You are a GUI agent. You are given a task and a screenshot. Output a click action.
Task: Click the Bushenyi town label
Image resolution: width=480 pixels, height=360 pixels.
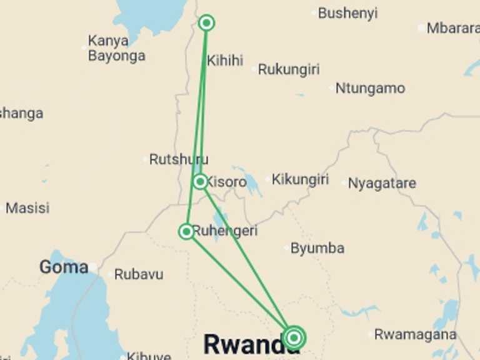coord(347,13)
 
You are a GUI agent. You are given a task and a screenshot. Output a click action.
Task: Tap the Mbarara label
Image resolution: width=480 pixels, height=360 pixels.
coord(452,28)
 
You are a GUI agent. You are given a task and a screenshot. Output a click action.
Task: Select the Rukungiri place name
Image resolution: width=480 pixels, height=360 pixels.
coord(288,69)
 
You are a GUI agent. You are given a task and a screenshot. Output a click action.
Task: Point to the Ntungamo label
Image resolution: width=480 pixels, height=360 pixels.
coord(370,88)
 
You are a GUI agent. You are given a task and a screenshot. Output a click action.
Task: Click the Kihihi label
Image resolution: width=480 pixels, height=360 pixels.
coord(225,61)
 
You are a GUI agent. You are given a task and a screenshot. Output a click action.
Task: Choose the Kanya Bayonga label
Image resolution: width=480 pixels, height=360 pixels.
coord(116,48)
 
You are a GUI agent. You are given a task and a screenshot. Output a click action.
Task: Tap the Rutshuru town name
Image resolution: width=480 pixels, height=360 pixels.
coord(179,159)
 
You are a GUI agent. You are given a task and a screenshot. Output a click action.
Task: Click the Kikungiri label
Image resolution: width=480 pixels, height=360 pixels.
coord(300,180)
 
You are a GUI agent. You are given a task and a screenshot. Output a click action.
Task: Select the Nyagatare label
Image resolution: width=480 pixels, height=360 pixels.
coord(382,184)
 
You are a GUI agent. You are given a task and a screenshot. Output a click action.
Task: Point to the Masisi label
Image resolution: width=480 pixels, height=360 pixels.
coord(27,208)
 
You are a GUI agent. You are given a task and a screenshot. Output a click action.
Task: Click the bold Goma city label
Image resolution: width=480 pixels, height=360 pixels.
coord(64,267)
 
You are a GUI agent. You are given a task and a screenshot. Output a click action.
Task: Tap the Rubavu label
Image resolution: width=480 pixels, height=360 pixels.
coord(139,274)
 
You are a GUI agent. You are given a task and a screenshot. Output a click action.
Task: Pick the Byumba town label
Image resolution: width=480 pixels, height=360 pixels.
coord(317,248)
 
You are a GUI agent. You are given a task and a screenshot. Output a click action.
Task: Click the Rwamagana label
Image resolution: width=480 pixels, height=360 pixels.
coord(415,334)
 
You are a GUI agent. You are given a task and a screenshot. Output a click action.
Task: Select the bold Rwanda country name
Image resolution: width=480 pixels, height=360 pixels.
coord(242,344)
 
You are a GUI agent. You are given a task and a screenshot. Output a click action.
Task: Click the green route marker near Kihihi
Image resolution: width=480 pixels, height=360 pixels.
coord(206,23)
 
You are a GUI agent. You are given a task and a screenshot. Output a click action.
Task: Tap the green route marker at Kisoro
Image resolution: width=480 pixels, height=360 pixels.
coord(200,182)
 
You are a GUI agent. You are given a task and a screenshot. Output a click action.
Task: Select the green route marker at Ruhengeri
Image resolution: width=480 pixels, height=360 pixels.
coord(186,232)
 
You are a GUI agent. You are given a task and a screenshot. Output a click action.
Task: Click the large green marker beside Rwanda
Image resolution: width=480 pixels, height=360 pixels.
coord(294,338)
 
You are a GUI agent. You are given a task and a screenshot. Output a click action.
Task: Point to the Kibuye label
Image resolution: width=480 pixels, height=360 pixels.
coord(149,356)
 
